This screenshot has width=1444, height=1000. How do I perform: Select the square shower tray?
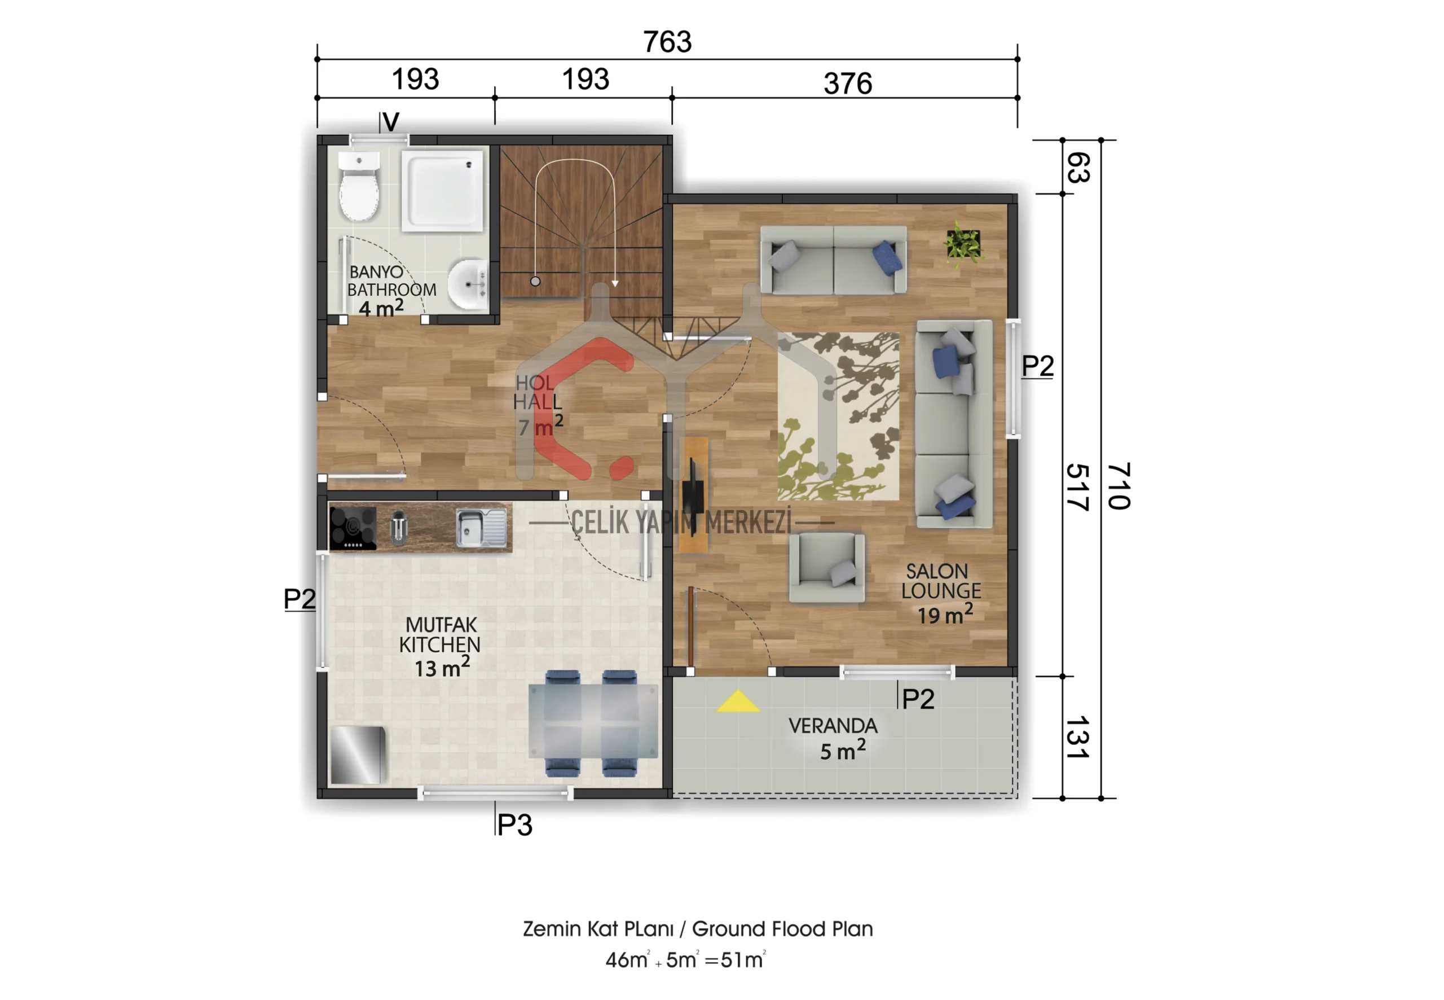443,191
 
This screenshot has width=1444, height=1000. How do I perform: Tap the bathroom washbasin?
468,284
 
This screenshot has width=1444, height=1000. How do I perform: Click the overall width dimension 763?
667,42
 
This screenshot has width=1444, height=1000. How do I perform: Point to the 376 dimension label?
848,84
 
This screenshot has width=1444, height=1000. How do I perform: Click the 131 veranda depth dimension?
1077,738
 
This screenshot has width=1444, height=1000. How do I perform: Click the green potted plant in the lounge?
963,244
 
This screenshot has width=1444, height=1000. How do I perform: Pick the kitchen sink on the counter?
481,528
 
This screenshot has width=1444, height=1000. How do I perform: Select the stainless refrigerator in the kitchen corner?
357,755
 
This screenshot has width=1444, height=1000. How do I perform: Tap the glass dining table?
593,722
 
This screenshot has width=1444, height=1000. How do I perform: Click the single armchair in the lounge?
826,568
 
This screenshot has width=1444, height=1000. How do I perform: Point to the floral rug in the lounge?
838,416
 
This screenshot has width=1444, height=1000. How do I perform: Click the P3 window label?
515,825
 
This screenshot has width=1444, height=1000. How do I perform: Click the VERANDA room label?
833,726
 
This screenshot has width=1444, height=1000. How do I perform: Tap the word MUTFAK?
441,625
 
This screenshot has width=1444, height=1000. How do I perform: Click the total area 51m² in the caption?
743,960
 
